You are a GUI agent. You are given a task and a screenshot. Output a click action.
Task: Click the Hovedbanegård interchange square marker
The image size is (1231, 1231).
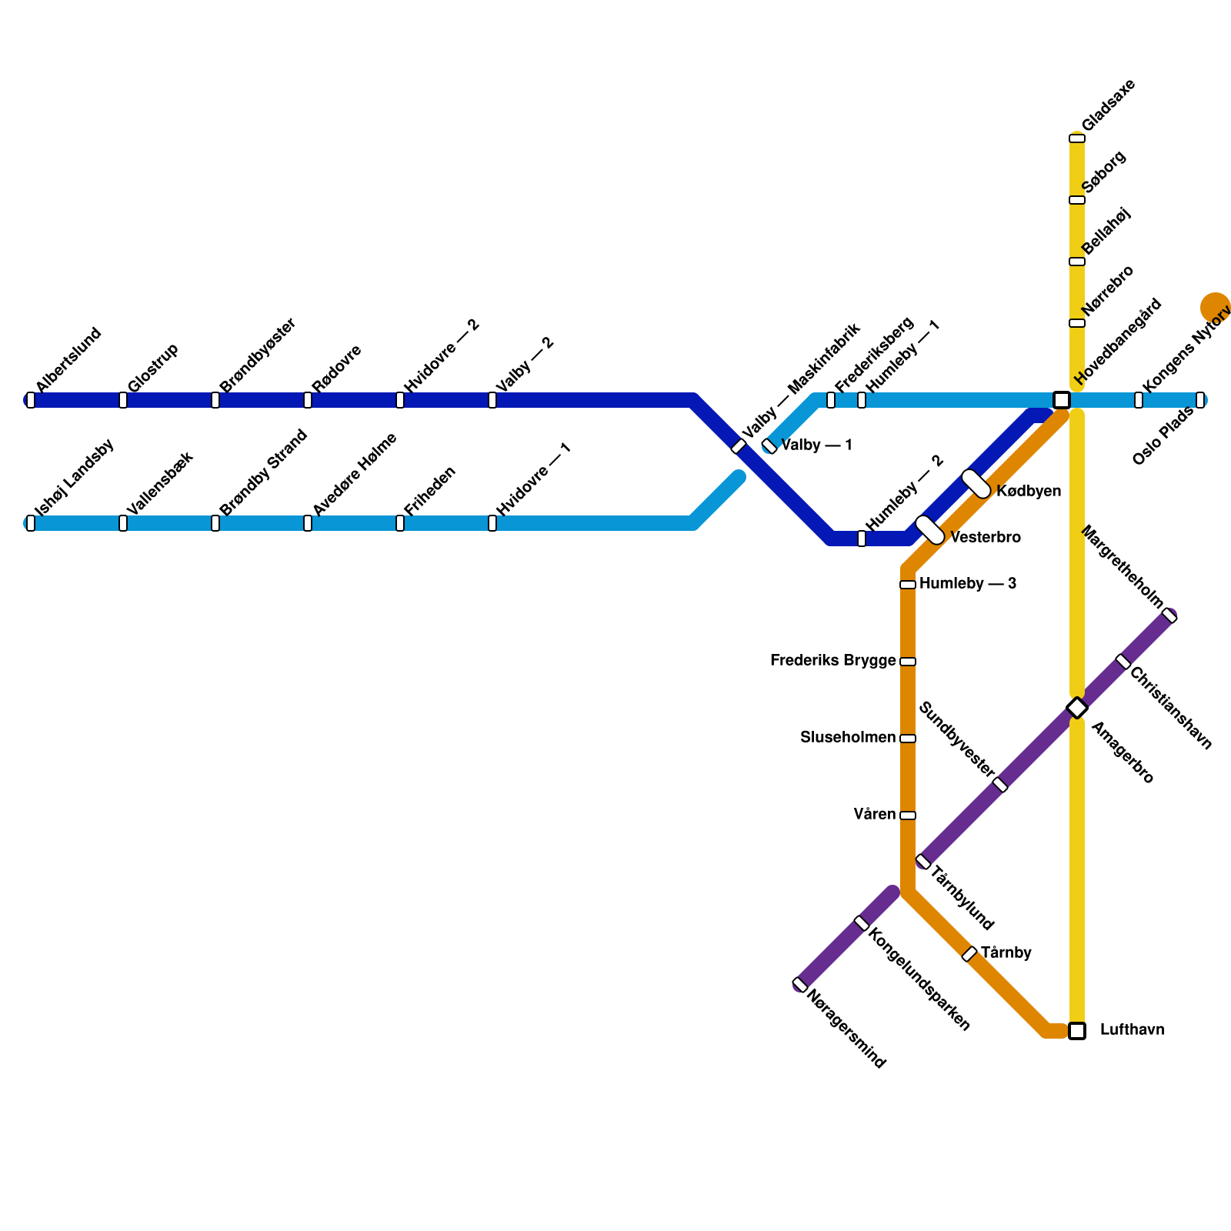pyautogui.click(x=1062, y=400)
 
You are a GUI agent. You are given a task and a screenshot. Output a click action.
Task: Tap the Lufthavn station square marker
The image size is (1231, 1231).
pyautogui.click(x=1077, y=1031)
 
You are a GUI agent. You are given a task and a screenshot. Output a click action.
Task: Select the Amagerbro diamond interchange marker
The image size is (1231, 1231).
pyautogui.click(x=1077, y=708)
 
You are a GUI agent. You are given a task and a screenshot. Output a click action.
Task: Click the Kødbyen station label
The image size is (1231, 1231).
pyautogui.click(x=1029, y=492)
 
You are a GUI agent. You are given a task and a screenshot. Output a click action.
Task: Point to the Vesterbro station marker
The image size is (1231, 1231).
pyautogui.click(x=930, y=530)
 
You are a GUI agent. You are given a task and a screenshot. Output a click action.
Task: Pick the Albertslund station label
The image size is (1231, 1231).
pyautogui.click(x=68, y=360)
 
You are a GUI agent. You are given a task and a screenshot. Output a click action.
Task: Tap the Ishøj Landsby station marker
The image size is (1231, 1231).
pyautogui.click(x=31, y=523)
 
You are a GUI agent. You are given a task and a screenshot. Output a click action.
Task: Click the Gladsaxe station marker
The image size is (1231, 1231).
pyautogui.click(x=1077, y=138)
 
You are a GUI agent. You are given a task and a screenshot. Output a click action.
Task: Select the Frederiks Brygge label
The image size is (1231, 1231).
pyautogui.click(x=832, y=661)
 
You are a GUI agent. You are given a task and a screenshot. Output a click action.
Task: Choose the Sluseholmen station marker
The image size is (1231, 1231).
pyautogui.click(x=908, y=739)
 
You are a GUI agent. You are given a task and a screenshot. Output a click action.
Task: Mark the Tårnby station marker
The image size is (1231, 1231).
pyautogui.click(x=969, y=954)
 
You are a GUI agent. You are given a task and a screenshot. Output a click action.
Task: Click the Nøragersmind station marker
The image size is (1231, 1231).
pyautogui.click(x=800, y=985)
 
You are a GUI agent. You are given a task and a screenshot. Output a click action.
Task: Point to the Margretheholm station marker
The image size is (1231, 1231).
pyautogui.click(x=1169, y=615)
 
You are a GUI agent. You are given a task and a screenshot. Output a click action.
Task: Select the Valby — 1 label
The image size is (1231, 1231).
pyautogui.click(x=816, y=445)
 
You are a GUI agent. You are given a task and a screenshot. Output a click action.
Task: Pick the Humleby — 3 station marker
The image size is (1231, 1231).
pyautogui.click(x=908, y=585)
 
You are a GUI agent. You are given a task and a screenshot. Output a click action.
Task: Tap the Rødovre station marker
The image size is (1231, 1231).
pyautogui.click(x=308, y=400)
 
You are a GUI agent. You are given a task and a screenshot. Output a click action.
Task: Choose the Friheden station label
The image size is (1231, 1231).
pyautogui.click(x=430, y=490)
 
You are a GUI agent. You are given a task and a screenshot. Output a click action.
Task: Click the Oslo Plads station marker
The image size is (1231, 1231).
pyautogui.click(x=1200, y=400)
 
